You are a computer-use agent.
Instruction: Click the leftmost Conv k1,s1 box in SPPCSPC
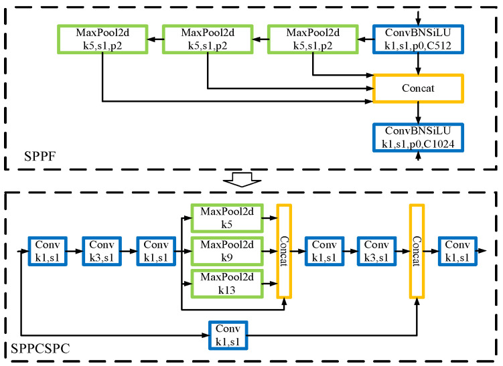(47, 252)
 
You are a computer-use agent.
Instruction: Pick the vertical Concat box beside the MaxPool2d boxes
(285, 252)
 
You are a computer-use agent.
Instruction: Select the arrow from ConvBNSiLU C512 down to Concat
(418, 65)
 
